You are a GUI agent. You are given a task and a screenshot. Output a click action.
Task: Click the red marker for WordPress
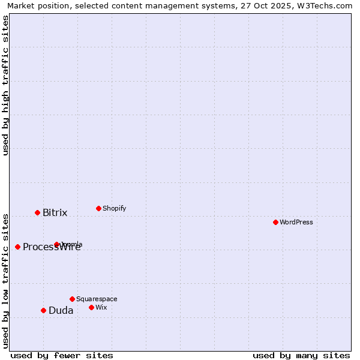(275, 222)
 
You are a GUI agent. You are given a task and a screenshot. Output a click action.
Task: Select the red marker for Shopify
(98, 208)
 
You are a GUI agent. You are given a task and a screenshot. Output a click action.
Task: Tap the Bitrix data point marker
(37, 212)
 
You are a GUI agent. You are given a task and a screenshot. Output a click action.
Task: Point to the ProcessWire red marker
(17, 247)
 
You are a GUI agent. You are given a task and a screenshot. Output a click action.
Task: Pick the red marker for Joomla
(56, 244)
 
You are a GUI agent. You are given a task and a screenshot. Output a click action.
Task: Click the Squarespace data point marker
(72, 299)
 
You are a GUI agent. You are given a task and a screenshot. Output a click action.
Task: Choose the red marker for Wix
(91, 307)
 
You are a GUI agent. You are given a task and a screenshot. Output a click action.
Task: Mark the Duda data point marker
(43, 310)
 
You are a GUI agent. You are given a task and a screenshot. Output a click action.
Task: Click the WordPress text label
(296, 222)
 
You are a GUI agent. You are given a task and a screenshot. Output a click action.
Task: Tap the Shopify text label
(115, 208)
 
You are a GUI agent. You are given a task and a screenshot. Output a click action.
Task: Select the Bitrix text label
(55, 212)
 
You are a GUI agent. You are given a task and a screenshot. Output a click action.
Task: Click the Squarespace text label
(97, 299)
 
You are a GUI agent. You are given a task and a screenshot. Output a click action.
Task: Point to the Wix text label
(101, 307)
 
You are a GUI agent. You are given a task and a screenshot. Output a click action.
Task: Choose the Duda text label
(61, 310)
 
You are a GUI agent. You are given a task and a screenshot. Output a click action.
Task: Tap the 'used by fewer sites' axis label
(62, 355)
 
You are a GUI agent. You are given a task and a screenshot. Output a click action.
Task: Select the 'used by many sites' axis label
(301, 355)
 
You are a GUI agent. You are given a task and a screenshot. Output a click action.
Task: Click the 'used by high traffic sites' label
(5, 85)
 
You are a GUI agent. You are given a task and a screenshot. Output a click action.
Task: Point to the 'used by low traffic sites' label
(5, 280)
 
